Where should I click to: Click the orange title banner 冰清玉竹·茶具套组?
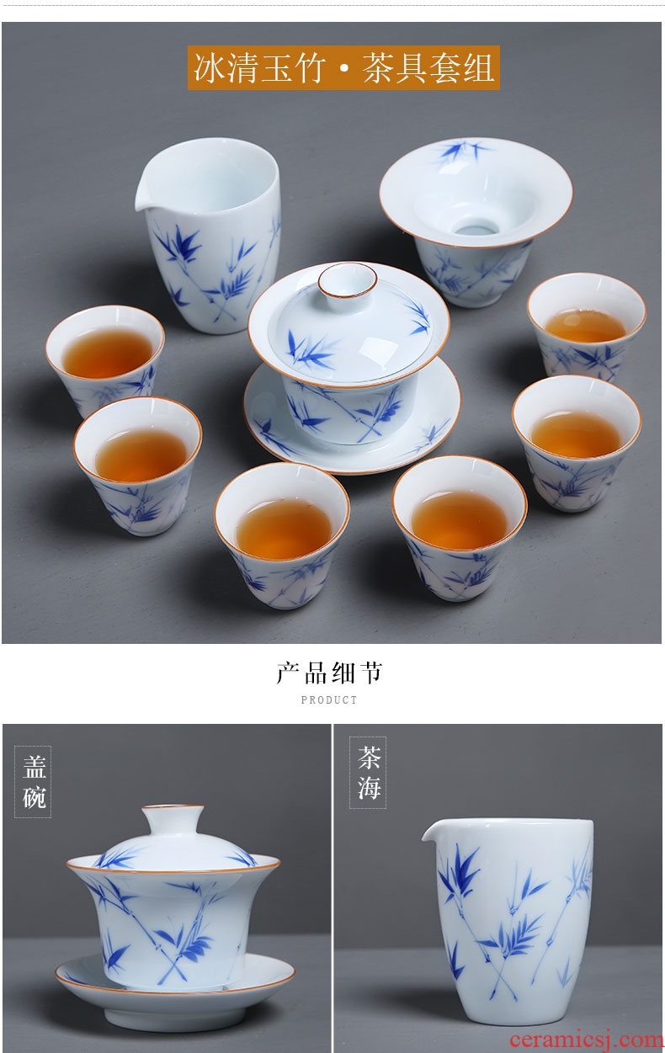click(343, 67)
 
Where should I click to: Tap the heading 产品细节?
click(329, 673)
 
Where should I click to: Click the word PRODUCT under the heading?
click(329, 700)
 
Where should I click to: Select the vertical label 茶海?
click(368, 773)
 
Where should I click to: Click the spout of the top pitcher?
click(143, 199)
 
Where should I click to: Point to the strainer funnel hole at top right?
click(476, 228)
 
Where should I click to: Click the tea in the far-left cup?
click(108, 354)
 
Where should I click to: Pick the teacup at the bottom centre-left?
click(282, 534)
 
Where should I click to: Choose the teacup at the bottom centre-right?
click(459, 528)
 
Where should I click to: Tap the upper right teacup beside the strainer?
click(586, 327)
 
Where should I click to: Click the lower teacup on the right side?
click(576, 443)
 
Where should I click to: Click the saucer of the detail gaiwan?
click(175, 981)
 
